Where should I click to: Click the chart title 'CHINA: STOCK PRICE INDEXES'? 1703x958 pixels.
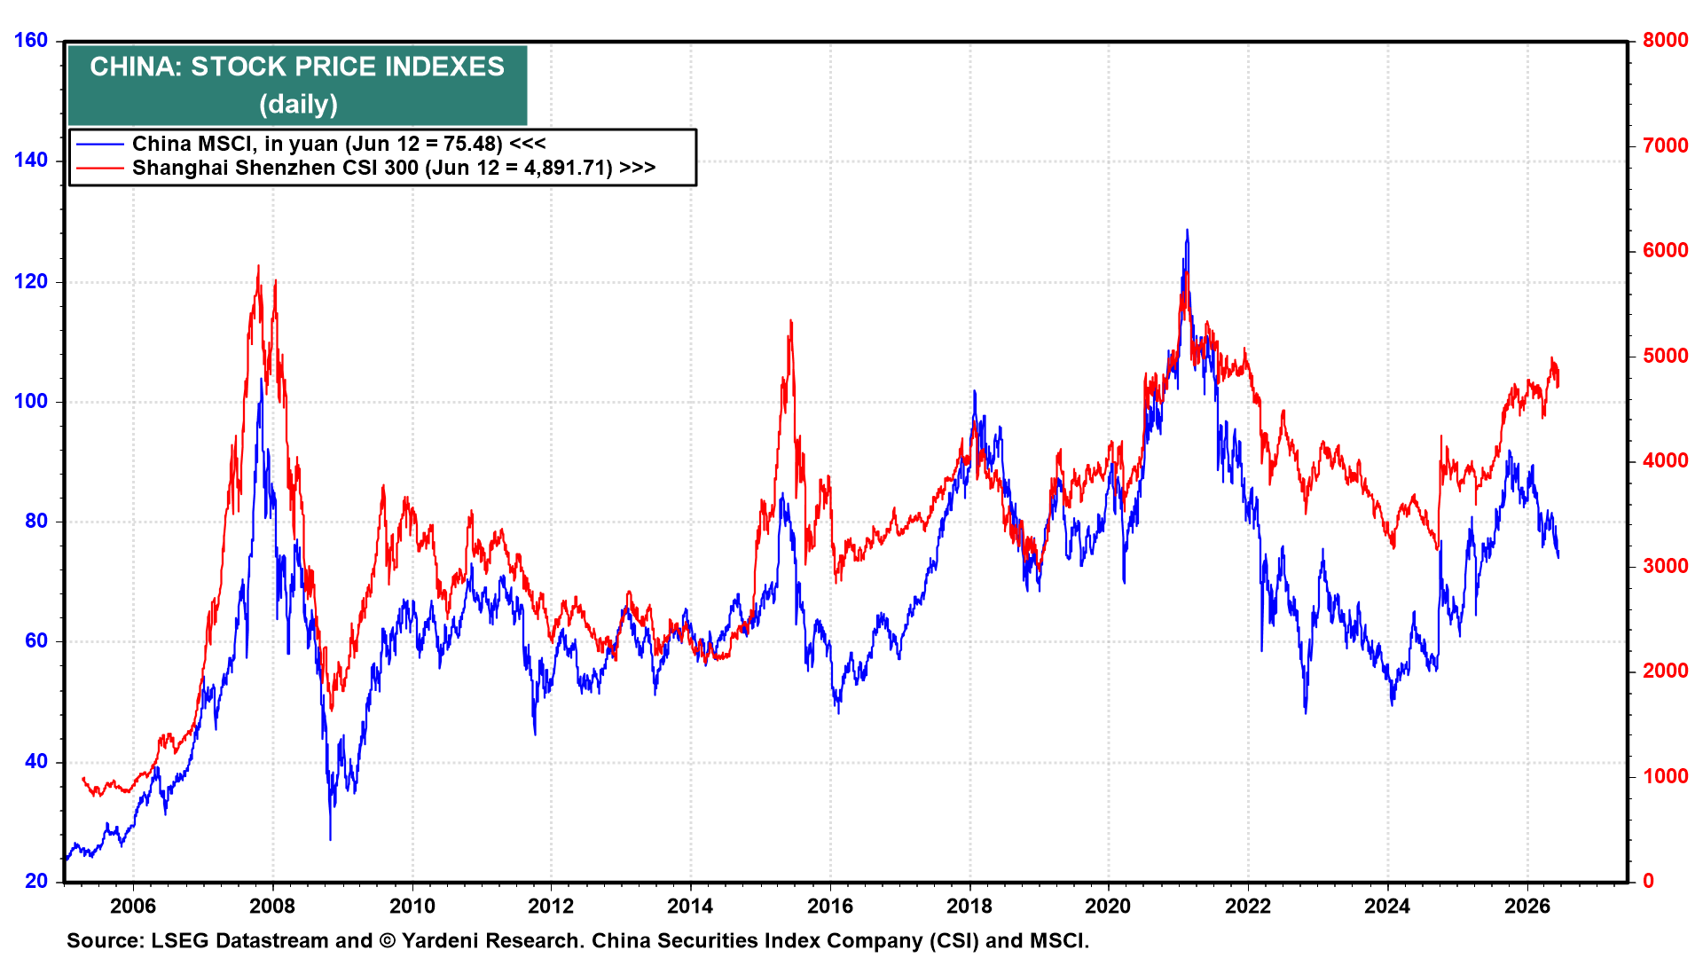tap(297, 67)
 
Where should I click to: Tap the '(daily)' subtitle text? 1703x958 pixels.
tap(298, 105)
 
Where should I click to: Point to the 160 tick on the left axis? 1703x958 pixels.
tap(31, 40)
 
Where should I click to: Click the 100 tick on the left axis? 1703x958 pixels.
tap(31, 401)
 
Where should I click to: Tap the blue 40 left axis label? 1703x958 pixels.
tap(36, 761)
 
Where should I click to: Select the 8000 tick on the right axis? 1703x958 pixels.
tap(1665, 40)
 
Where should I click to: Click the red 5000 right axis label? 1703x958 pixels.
tap(1665, 356)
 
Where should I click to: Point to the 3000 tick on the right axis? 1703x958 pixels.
tap(1665, 566)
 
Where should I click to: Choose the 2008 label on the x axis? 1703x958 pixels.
tap(272, 906)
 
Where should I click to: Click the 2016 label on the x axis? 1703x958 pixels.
tap(830, 906)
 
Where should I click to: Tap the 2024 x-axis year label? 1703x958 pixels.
tap(1388, 906)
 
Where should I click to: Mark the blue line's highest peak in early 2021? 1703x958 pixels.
tap(1187, 230)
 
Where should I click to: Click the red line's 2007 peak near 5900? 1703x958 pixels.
tap(258, 265)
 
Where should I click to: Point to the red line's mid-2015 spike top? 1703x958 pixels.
tap(790, 320)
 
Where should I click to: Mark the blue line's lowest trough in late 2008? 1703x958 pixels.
tap(331, 839)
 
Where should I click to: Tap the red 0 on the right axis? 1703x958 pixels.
tap(1648, 881)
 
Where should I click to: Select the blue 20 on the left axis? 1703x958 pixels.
tap(36, 881)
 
